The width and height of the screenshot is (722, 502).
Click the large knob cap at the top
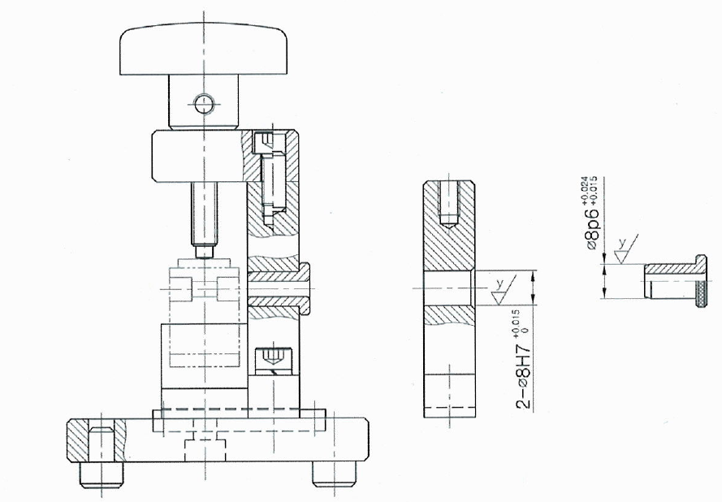click(x=204, y=50)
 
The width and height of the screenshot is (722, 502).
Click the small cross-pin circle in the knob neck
click(x=204, y=104)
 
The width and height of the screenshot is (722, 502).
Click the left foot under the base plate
click(x=102, y=474)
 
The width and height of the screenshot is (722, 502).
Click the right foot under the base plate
click(x=334, y=474)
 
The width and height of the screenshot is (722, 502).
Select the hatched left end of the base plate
click(x=96, y=440)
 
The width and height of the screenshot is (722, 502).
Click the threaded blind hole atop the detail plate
click(x=449, y=203)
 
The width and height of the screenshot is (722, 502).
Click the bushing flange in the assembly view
click(x=305, y=288)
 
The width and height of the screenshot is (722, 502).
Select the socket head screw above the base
click(x=273, y=360)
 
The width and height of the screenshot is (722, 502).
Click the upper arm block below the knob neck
click(x=198, y=156)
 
